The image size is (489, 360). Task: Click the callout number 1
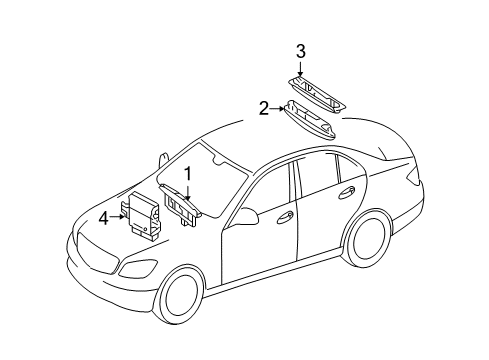point(188,174)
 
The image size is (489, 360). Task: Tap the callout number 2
point(264,109)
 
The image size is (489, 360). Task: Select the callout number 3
point(301,52)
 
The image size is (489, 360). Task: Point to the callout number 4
point(104,219)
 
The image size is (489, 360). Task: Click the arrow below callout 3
point(300,69)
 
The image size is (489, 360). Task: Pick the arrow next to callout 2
point(277,109)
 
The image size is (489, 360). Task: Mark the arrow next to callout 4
point(118,216)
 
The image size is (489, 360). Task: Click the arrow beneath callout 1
point(188,192)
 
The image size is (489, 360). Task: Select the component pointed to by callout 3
point(317,95)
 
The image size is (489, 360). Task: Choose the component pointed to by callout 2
point(310,119)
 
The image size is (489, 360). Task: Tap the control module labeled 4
point(141,215)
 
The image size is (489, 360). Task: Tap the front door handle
point(285,217)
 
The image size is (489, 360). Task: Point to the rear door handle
point(347,193)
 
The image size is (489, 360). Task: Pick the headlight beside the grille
point(138,268)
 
